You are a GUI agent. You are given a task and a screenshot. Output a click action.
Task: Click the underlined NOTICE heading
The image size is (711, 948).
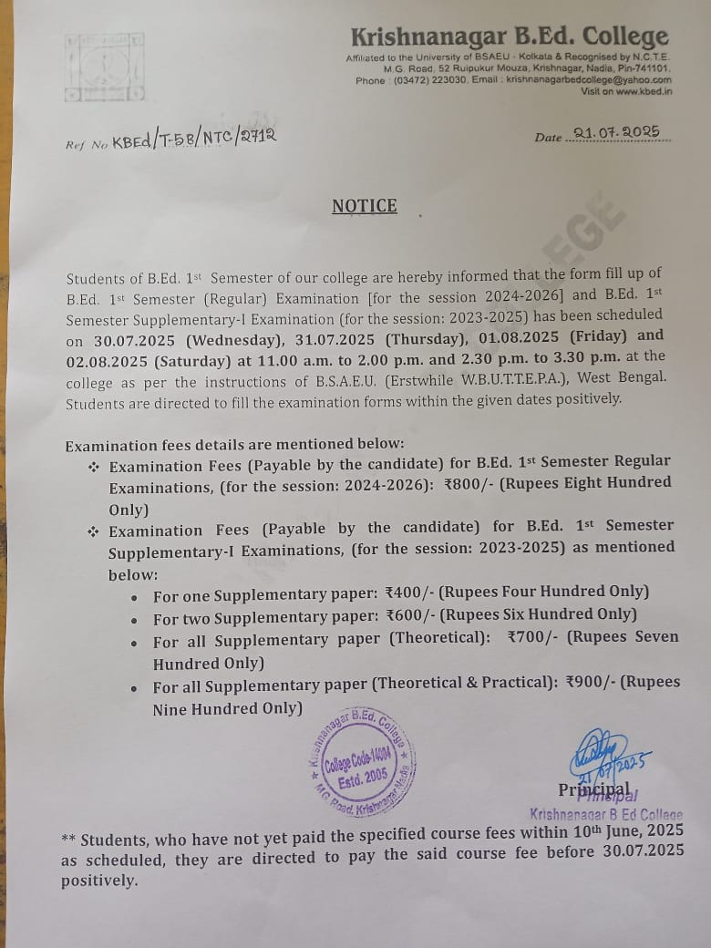pos(364,206)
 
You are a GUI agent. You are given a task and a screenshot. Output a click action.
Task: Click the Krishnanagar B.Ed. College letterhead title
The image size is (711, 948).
pos(510,37)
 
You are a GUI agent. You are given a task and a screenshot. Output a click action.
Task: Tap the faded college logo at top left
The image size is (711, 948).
pos(104,67)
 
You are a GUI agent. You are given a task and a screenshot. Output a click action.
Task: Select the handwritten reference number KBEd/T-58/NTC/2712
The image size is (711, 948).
pos(193,138)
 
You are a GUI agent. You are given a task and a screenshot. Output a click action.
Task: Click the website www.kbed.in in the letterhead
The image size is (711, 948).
pos(644,91)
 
